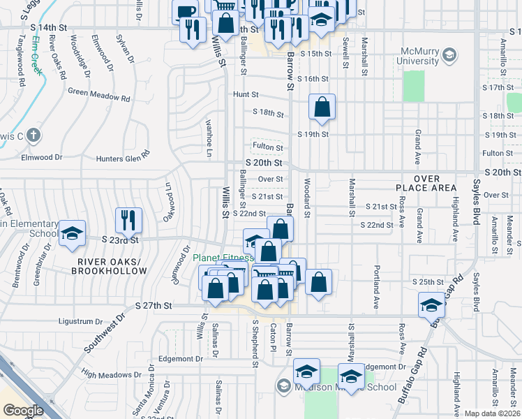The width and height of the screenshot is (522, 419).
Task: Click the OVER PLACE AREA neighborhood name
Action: (x=426, y=183)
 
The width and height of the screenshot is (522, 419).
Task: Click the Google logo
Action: (x=22, y=410)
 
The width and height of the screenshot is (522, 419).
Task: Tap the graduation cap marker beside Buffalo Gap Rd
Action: (x=431, y=304)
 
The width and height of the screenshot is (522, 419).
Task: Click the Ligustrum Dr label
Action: (x=80, y=321)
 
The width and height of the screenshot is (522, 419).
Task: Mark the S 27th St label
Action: (x=154, y=306)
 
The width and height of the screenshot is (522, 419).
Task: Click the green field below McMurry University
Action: (x=414, y=86)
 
